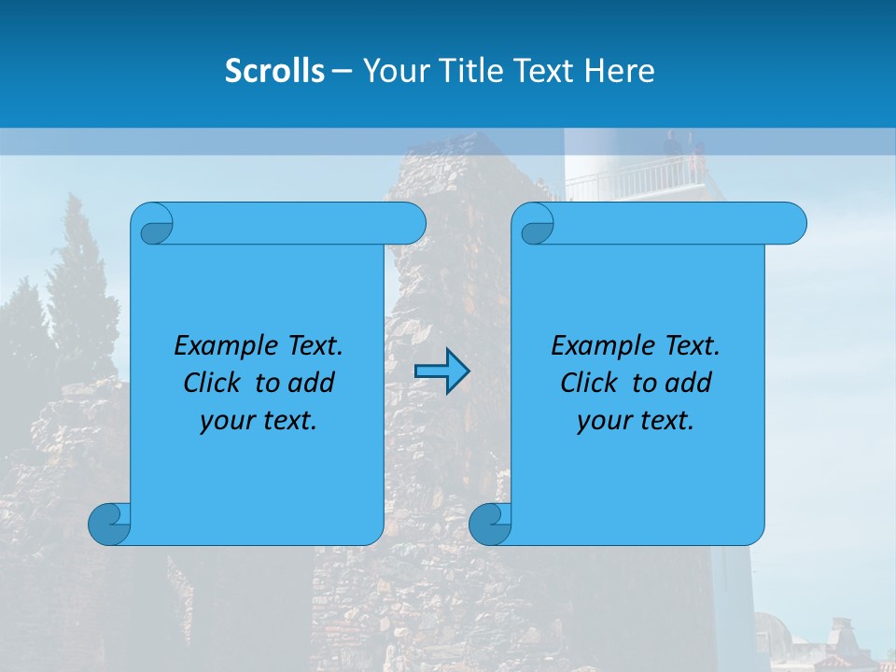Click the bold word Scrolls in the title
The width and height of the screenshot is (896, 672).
(x=275, y=70)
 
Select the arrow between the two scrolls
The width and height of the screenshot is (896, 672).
(x=441, y=372)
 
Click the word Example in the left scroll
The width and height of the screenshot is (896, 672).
(x=224, y=345)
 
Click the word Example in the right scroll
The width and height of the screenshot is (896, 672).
(x=601, y=345)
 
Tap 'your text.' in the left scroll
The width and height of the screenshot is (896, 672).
(x=259, y=420)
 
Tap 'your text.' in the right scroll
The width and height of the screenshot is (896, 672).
(x=636, y=420)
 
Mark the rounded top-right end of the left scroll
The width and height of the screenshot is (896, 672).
(x=409, y=224)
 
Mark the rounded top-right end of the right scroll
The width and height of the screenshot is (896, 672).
(x=790, y=224)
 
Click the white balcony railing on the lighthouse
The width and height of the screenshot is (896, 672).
(x=635, y=177)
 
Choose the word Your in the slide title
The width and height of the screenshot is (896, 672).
(x=392, y=70)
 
